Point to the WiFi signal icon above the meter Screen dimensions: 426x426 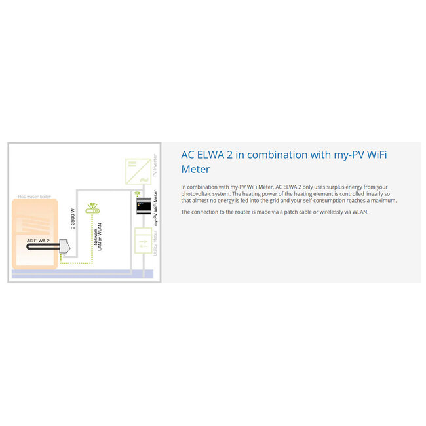(x=138, y=194)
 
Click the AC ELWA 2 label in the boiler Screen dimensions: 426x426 (x=39, y=241)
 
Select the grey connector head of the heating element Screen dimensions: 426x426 (x=66, y=248)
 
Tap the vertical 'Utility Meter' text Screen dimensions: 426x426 (x=155, y=244)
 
